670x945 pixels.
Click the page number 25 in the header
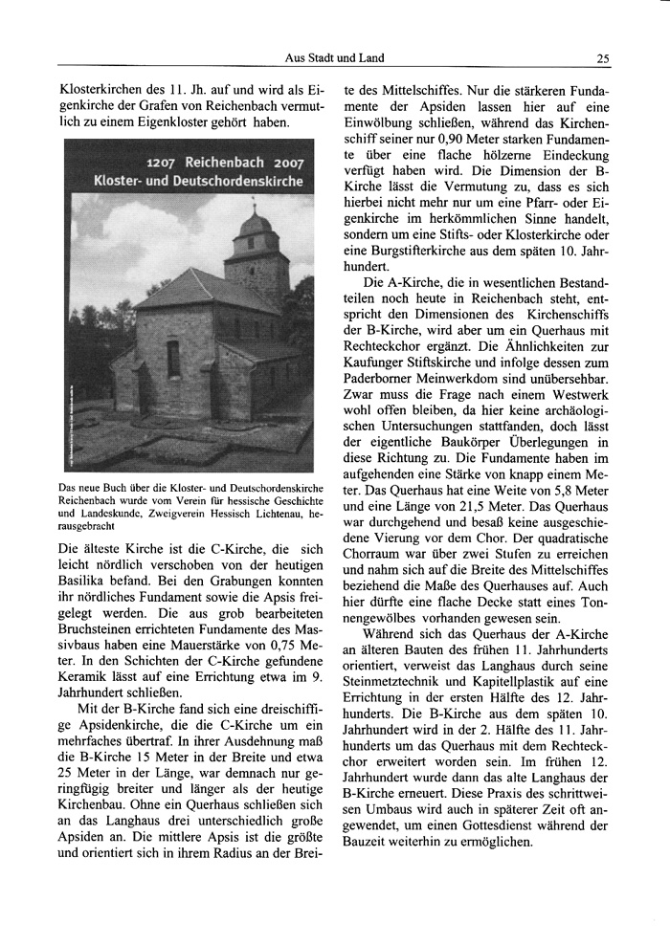click(603, 58)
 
